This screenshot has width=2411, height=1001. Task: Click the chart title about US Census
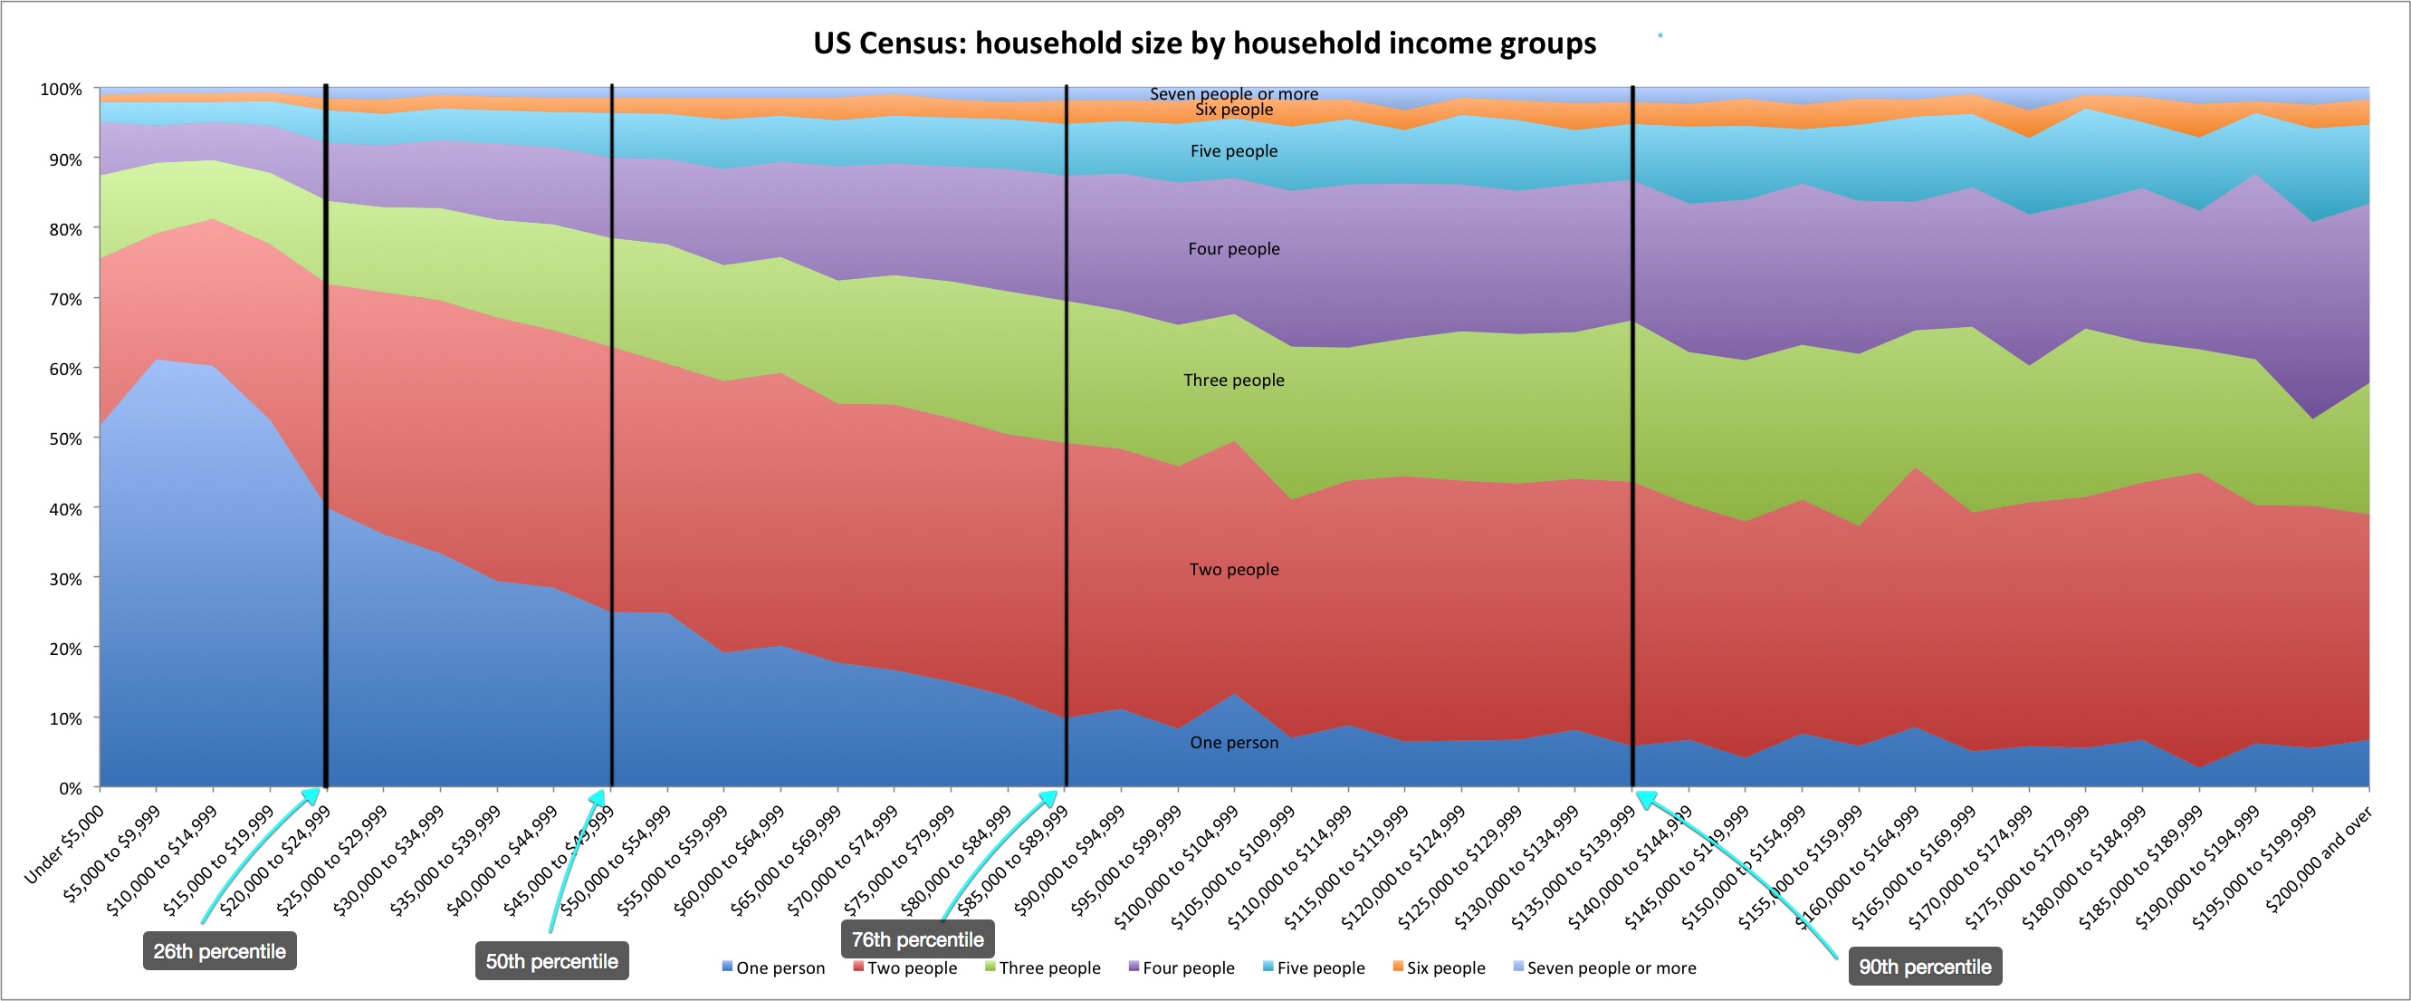tap(1204, 43)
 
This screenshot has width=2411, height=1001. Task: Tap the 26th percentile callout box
tap(219, 951)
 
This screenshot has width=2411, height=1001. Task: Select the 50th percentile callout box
tap(551, 962)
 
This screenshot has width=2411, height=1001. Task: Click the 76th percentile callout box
tap(917, 939)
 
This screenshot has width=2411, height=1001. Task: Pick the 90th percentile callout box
tap(1924, 967)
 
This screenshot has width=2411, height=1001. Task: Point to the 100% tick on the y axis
tap(61, 89)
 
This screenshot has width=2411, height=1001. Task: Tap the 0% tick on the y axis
tap(69, 788)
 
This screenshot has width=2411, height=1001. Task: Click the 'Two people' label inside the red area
tap(1234, 569)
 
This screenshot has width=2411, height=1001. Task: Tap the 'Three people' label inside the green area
tap(1234, 380)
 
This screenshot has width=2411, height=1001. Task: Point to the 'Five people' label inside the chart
tap(1234, 150)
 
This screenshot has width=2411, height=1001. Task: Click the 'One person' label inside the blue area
tap(1234, 743)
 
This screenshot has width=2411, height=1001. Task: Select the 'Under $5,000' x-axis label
tap(62, 845)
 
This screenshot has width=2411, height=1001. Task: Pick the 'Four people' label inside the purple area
tap(1234, 249)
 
